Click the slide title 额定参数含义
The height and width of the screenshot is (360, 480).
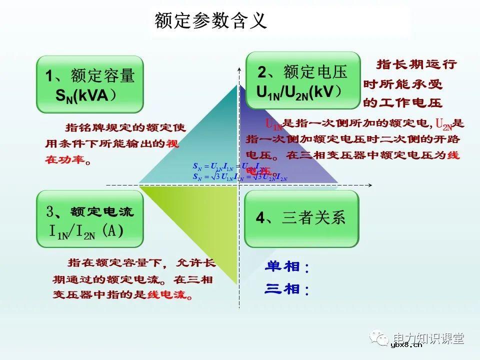[210, 21]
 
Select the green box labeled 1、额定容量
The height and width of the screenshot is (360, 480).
[90, 84]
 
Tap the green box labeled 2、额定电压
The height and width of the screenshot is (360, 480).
[302, 80]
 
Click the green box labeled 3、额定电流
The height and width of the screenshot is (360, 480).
[90, 220]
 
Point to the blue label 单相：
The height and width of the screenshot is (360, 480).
[287, 267]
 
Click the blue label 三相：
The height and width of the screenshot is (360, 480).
[287, 289]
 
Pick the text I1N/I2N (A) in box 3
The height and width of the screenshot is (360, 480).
[85, 231]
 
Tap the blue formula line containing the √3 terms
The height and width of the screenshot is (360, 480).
[240, 177]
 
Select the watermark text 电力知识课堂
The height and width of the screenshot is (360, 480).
[428, 337]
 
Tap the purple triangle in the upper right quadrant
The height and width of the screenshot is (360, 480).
[280, 150]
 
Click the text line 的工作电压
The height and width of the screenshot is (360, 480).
[402, 103]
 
